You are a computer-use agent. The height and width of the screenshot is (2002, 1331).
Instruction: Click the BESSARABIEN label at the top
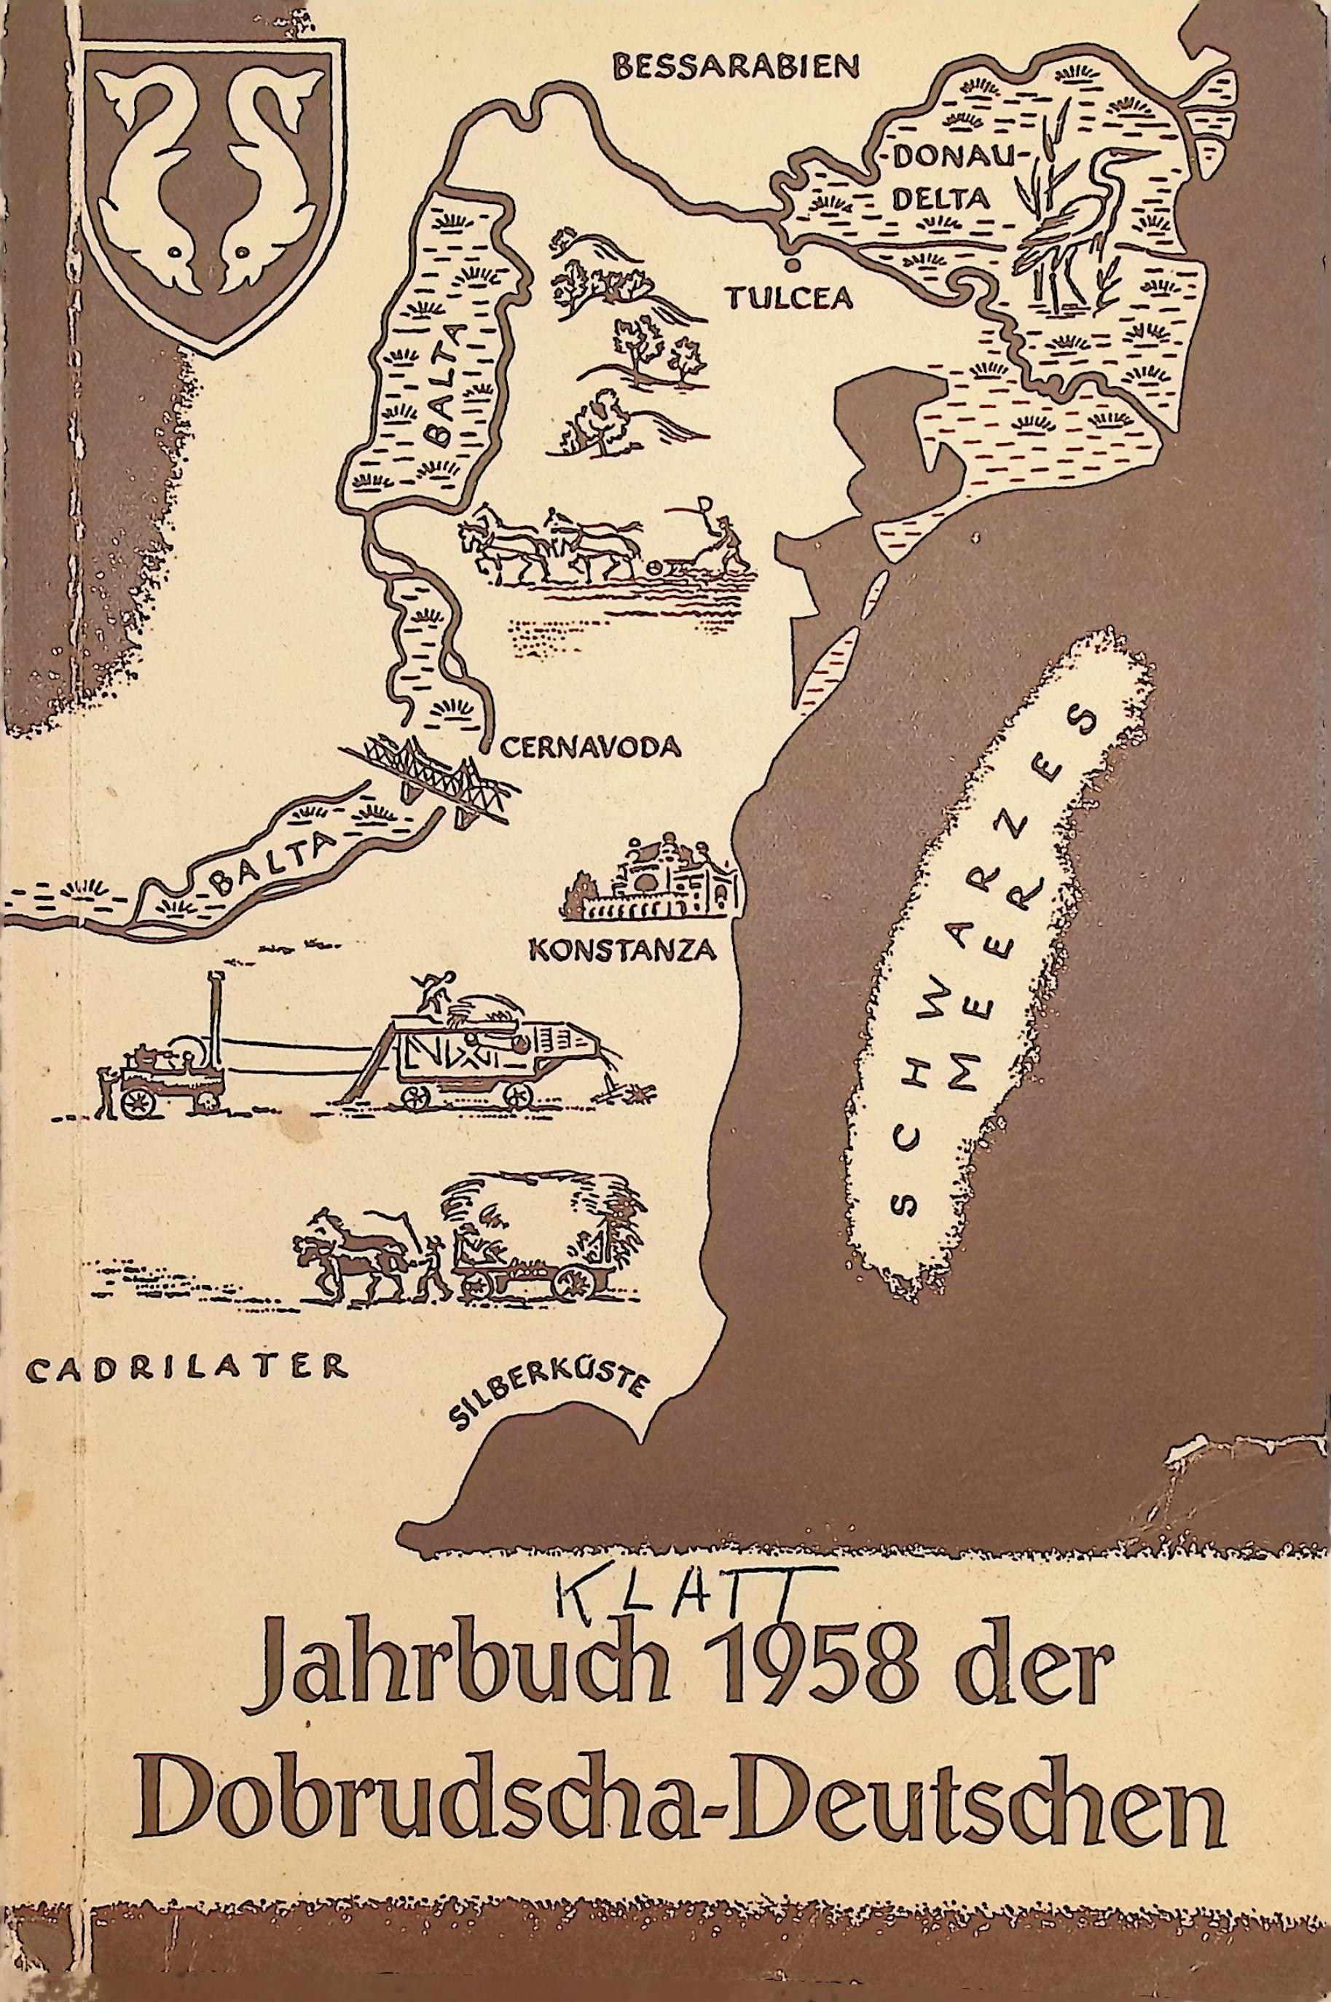point(737,67)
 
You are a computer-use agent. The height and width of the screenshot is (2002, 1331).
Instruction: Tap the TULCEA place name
point(788,297)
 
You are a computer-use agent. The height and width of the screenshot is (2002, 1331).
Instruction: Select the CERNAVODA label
point(591,747)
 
